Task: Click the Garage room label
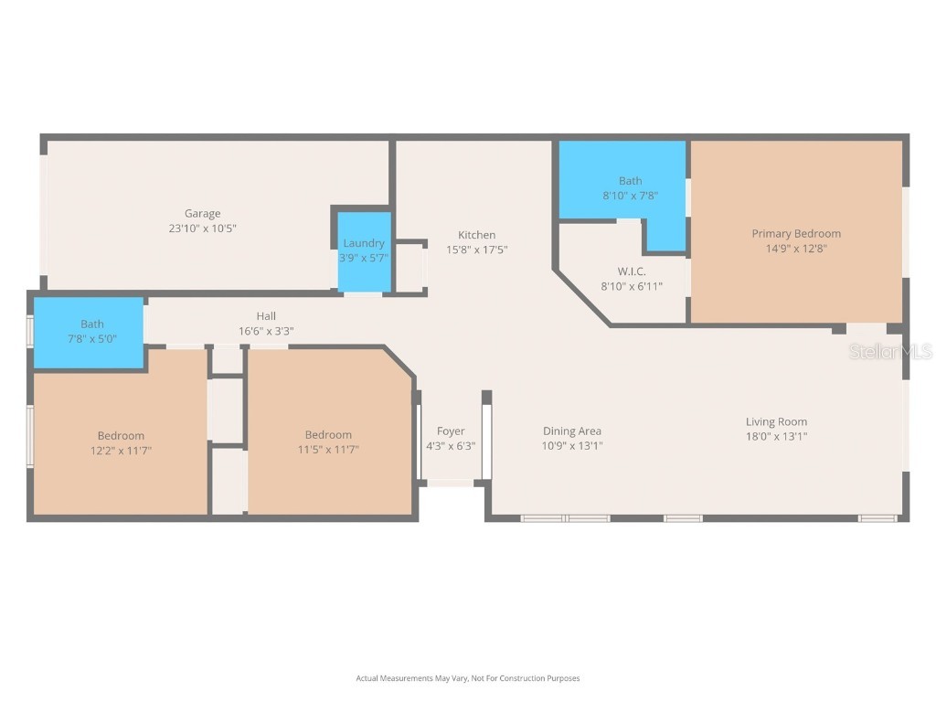(x=202, y=214)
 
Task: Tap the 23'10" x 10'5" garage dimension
(x=202, y=229)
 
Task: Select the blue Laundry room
(x=364, y=250)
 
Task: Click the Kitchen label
(x=476, y=235)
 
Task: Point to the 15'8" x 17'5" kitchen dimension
(x=476, y=250)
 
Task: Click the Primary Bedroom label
(x=795, y=233)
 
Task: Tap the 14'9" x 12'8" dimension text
(x=795, y=248)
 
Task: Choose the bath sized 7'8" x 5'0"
(x=91, y=331)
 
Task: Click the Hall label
(x=266, y=316)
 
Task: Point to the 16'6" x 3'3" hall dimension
(x=266, y=331)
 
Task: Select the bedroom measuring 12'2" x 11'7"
(x=121, y=442)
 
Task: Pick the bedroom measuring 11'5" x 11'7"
(x=328, y=442)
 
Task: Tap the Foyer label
(x=451, y=431)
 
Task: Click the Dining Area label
(x=572, y=431)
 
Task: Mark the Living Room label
(x=776, y=421)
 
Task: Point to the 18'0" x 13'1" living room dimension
(x=776, y=436)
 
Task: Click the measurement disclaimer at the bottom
(x=467, y=678)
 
